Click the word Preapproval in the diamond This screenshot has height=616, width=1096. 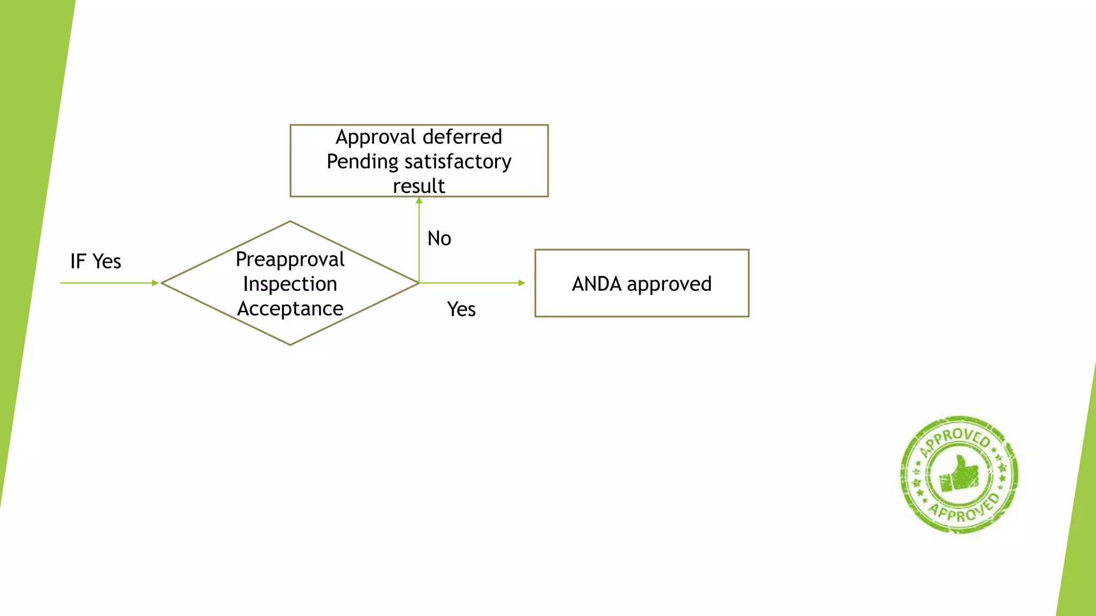290,259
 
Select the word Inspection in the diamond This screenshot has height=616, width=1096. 290,284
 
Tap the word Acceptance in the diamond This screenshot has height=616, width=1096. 290,309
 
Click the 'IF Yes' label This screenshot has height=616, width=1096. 95,261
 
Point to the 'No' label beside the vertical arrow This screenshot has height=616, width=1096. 439,238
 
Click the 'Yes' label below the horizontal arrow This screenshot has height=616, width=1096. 461,309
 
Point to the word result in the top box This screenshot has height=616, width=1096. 418,186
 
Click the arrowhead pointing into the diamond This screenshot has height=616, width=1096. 155,283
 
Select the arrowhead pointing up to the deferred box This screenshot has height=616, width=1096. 419,201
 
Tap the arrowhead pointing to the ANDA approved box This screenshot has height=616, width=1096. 522,283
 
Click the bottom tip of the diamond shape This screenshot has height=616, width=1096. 290,344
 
